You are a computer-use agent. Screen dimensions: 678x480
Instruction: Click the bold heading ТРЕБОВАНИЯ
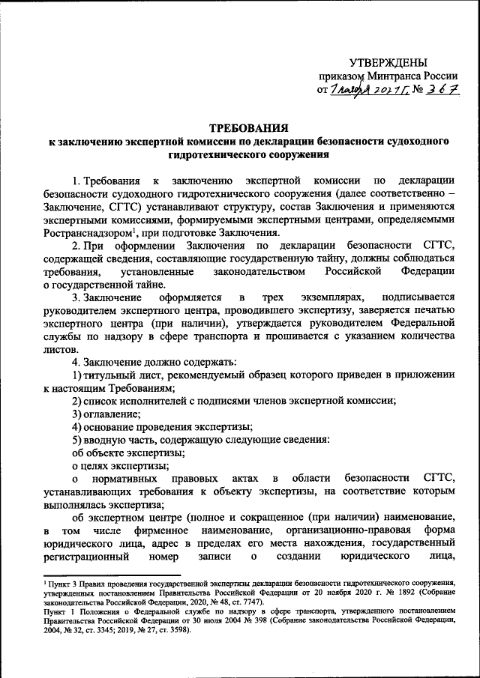(x=247, y=128)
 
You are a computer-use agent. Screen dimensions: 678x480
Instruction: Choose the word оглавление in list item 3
(x=112, y=414)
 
